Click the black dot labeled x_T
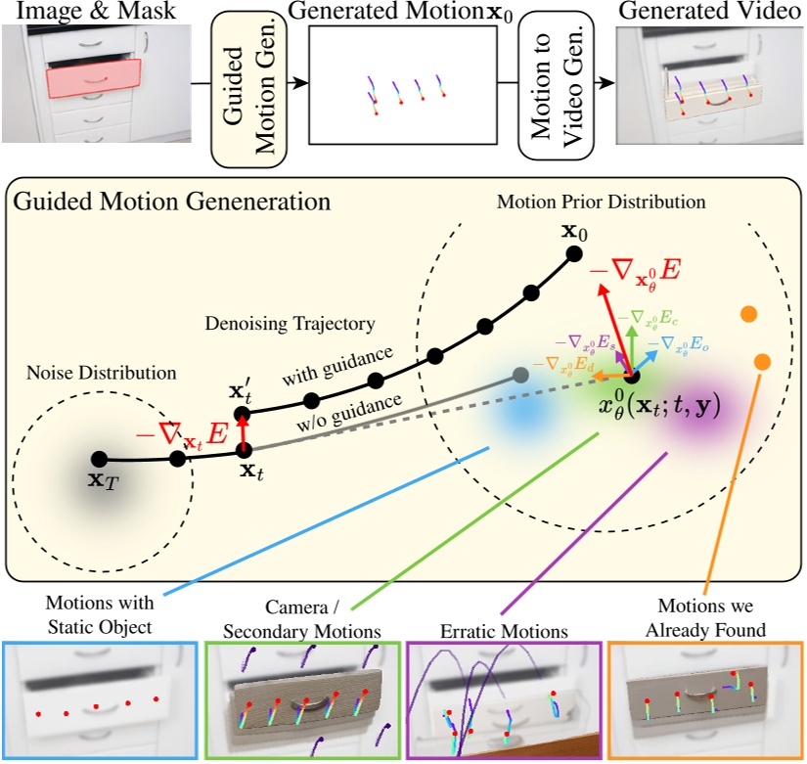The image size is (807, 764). coord(99,458)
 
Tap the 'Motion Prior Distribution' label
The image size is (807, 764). coord(601,202)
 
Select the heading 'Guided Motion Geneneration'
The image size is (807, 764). coord(170,202)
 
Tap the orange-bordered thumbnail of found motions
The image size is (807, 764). coord(704,700)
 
